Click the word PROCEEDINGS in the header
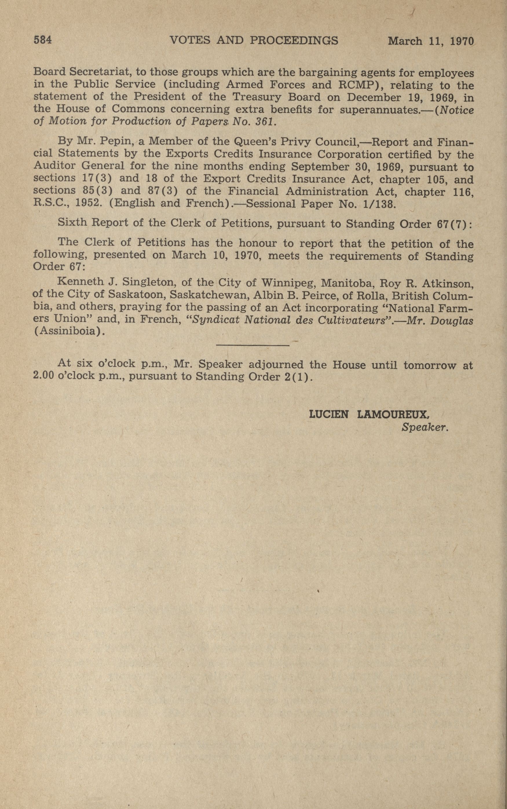[x=294, y=40]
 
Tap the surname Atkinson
[x=447, y=284]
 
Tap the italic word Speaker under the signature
[x=424, y=427]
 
